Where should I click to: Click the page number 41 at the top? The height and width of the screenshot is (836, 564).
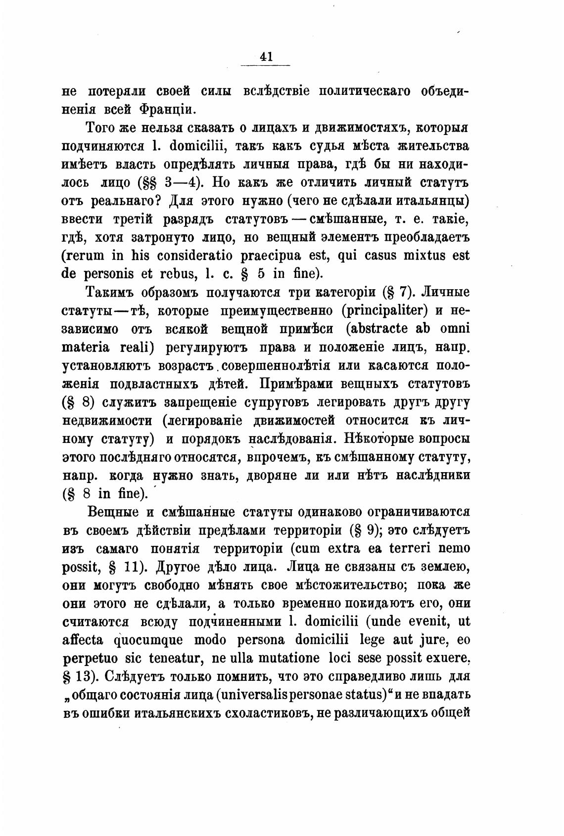(266, 57)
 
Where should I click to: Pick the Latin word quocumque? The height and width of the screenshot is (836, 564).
(148, 640)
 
